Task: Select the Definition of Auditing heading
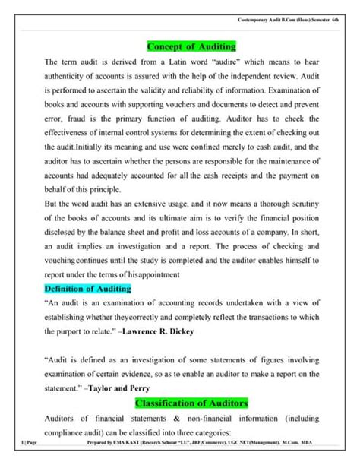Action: (88, 289)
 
